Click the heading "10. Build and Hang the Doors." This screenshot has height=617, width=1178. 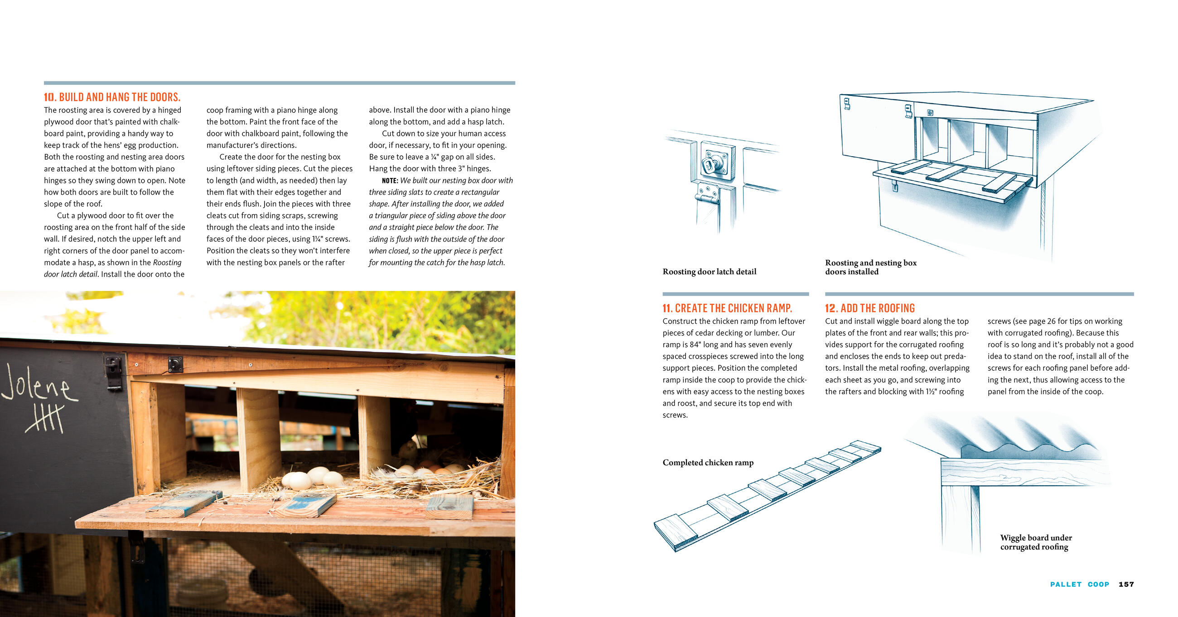112,97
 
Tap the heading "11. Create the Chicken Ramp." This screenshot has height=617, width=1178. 727,308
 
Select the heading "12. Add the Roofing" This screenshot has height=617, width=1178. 870,308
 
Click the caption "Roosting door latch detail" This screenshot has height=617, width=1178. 709,272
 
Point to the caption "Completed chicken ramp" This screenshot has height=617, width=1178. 708,463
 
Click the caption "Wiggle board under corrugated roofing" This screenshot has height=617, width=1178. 1035,542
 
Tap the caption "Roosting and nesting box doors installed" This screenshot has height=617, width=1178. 870,267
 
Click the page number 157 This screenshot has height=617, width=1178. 1126,584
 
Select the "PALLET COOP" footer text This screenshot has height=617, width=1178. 1079,584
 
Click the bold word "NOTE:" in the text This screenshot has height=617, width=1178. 390,181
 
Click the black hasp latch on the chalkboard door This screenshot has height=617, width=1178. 113,372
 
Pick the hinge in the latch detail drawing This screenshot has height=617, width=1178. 707,198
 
